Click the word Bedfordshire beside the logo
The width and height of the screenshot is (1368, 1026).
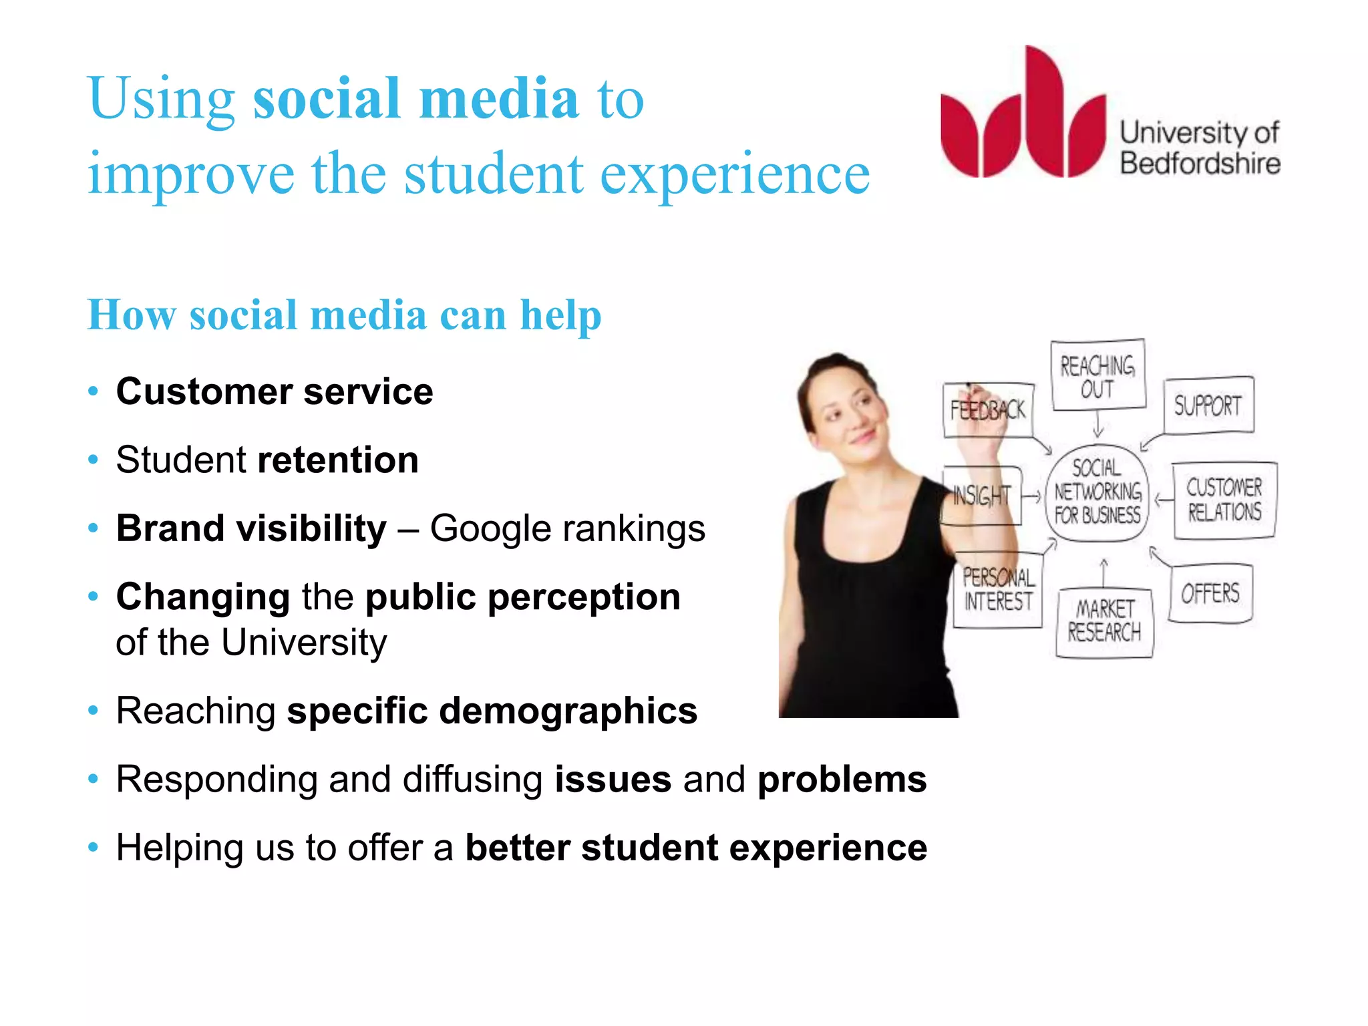point(1200,164)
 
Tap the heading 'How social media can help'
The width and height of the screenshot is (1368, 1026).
point(344,315)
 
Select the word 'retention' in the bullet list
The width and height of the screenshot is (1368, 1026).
point(338,460)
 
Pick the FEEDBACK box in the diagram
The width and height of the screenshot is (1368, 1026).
point(988,410)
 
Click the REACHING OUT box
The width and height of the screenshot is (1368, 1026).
point(1097,375)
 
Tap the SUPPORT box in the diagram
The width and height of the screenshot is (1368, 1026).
point(1208,405)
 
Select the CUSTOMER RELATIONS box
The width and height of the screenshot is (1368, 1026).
point(1224,500)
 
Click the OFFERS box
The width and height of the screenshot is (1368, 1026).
point(1210,593)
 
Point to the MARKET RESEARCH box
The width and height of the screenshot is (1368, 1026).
point(1104,621)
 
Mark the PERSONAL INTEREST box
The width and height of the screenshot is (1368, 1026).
point(998,589)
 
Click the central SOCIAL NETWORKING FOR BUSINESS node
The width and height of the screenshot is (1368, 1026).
point(1097,492)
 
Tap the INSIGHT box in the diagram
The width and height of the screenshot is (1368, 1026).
point(981,496)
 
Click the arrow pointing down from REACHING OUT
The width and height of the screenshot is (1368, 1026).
point(1097,425)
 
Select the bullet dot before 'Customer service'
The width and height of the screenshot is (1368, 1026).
point(94,391)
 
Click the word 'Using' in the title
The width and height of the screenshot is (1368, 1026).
point(160,99)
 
